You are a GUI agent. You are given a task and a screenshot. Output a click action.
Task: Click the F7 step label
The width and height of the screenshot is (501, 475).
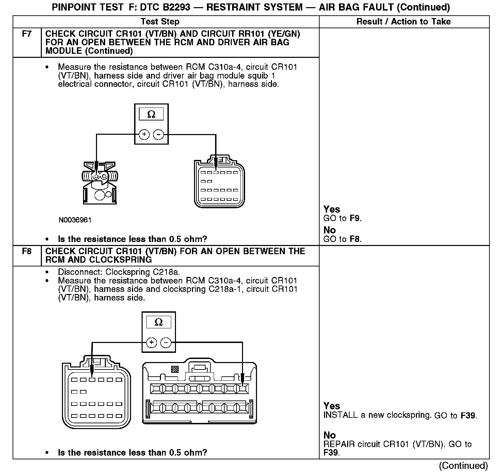[x=27, y=34]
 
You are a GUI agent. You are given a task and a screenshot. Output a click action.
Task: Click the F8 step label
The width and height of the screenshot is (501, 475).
[x=27, y=251]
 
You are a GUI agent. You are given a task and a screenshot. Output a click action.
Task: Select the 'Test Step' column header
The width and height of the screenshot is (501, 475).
[x=160, y=22]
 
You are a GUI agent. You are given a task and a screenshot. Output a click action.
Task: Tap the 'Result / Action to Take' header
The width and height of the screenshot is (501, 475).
[x=403, y=22]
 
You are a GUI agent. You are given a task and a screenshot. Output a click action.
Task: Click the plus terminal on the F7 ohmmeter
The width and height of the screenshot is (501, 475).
[x=144, y=135]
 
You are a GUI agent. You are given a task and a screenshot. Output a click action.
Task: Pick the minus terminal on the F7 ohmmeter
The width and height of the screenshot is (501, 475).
[x=159, y=135]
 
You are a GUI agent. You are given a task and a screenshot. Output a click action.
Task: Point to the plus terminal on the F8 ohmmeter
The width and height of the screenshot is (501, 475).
[x=151, y=342]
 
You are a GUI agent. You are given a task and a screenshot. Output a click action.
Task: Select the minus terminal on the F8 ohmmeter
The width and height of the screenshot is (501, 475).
[x=166, y=342]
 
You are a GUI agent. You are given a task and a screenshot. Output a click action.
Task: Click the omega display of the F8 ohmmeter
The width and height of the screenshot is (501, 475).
[x=159, y=322]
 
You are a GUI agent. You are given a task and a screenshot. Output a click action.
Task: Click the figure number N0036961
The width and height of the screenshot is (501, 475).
[x=75, y=220]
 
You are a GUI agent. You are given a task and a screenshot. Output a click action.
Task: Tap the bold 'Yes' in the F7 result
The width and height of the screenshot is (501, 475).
[x=332, y=209]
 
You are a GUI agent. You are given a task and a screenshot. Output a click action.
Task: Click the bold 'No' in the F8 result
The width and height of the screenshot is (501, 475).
[x=329, y=435]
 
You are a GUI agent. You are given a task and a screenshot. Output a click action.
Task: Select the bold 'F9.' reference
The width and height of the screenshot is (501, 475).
[x=356, y=218]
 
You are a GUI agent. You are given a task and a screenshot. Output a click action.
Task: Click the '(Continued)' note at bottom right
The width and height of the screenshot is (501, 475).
[x=463, y=465]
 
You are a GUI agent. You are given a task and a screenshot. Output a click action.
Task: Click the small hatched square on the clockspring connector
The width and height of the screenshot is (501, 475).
[x=175, y=369]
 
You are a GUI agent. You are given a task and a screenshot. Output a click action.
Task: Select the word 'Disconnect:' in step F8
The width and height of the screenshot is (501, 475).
[x=80, y=272]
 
